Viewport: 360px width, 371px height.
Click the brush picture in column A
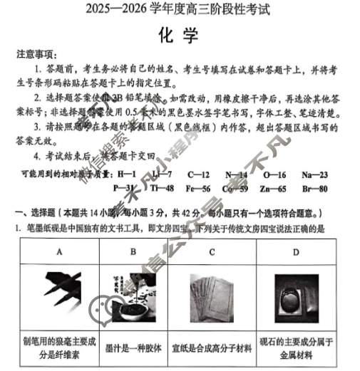click(x=60, y=295)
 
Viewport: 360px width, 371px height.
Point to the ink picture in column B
click(x=133, y=295)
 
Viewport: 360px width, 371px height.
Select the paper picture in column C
click(x=212, y=295)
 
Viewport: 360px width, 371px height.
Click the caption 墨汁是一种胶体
click(x=133, y=348)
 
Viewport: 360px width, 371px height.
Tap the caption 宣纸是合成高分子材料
click(x=212, y=348)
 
